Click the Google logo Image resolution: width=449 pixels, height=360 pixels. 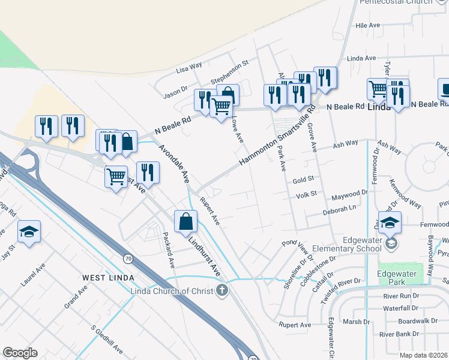(x=20, y=353)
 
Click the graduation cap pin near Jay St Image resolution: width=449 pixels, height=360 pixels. (x=28, y=232)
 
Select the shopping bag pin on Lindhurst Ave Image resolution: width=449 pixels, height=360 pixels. (x=186, y=221)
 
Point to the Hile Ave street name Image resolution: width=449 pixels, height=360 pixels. (x=368, y=26)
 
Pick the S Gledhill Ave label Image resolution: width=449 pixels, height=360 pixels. (x=107, y=340)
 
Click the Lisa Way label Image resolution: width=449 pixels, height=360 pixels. (x=189, y=68)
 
